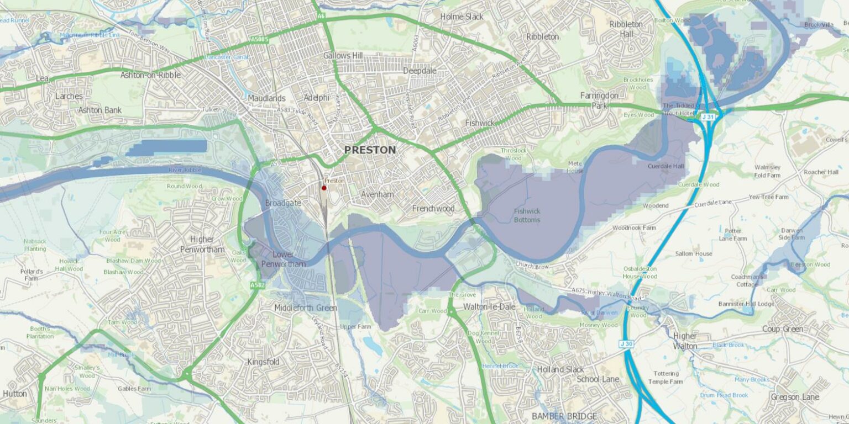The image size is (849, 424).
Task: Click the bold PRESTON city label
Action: tap(370, 150)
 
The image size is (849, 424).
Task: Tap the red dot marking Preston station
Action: tap(324, 188)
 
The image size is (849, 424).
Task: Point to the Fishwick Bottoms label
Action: tap(527, 215)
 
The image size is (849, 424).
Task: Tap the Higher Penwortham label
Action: tap(202, 244)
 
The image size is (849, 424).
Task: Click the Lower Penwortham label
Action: tap(283, 259)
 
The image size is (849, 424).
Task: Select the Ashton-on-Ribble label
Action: tap(150, 75)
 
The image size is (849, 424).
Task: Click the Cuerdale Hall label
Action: tap(665, 166)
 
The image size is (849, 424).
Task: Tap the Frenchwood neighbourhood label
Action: tap(433, 209)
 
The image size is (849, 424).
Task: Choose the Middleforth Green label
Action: tap(306, 308)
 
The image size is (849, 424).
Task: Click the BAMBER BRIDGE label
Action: tap(564, 416)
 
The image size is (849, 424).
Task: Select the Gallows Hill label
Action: tap(343, 56)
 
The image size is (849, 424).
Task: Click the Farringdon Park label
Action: tap(599, 100)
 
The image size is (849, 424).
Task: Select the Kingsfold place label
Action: tap(264, 362)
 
